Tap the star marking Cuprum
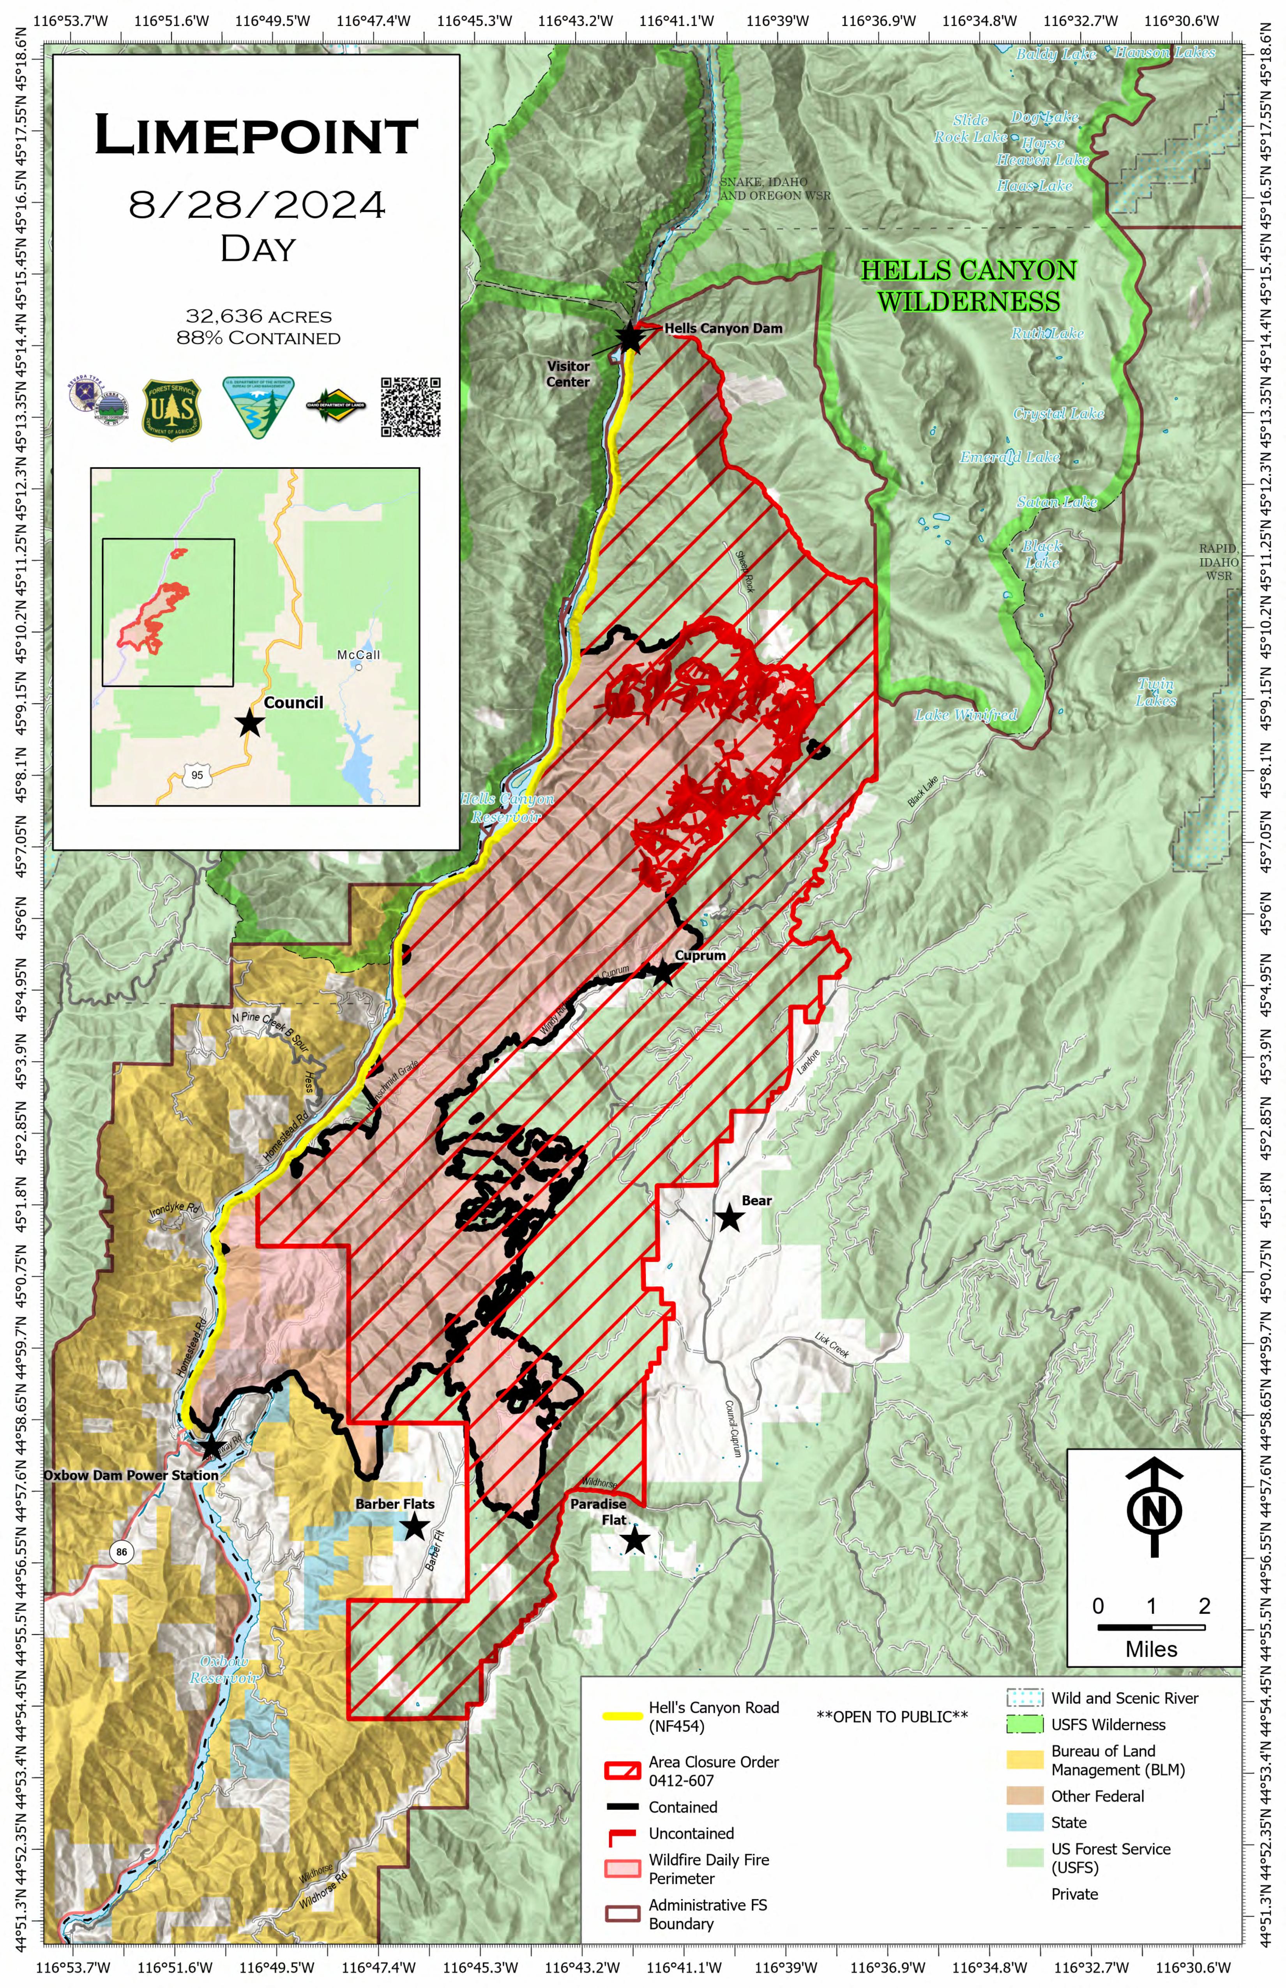662,972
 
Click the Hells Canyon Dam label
723,328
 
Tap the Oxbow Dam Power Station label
131,1475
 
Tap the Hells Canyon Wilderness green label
969,286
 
